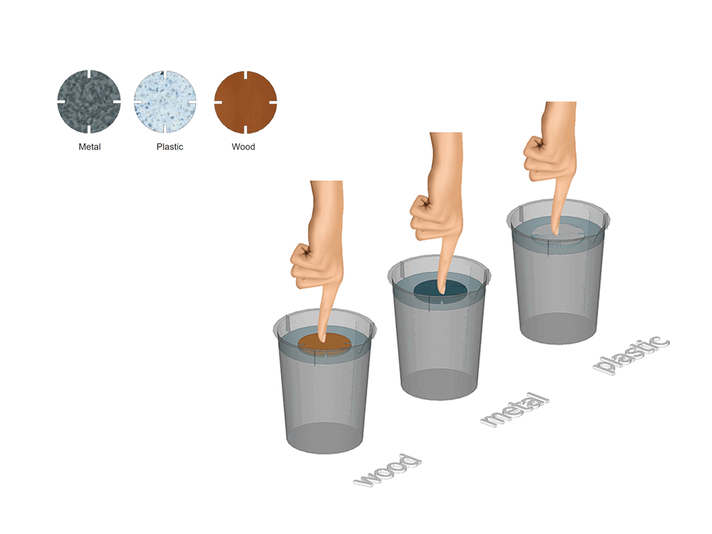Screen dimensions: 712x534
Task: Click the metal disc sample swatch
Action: (89, 102)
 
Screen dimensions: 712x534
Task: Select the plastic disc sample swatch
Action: (165, 102)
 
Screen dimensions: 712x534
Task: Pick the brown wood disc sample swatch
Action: (245, 102)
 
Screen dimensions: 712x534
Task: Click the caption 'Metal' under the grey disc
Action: (90, 147)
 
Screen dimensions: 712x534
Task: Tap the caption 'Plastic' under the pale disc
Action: (170, 147)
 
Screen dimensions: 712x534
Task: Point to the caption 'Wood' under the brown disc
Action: (243, 147)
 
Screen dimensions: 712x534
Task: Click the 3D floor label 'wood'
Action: (388, 471)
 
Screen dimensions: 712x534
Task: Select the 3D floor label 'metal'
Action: (515, 410)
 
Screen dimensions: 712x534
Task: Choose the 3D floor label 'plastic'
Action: (631, 355)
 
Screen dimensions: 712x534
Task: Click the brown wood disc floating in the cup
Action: (324, 344)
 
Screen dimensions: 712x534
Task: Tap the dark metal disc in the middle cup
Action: (440, 291)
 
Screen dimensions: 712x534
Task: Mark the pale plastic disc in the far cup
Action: (558, 235)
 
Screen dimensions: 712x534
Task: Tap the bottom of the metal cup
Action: (439, 384)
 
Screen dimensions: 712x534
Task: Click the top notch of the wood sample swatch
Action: (245, 75)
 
